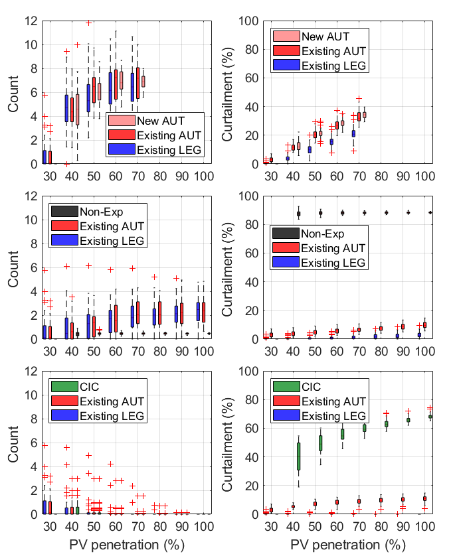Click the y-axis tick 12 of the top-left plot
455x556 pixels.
31,21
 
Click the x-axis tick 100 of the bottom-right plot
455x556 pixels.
424,527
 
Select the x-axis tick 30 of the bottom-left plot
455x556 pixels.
48,527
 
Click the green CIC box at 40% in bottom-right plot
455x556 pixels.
298,456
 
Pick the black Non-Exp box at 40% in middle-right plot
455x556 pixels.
298,214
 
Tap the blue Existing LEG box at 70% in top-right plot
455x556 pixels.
353,133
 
